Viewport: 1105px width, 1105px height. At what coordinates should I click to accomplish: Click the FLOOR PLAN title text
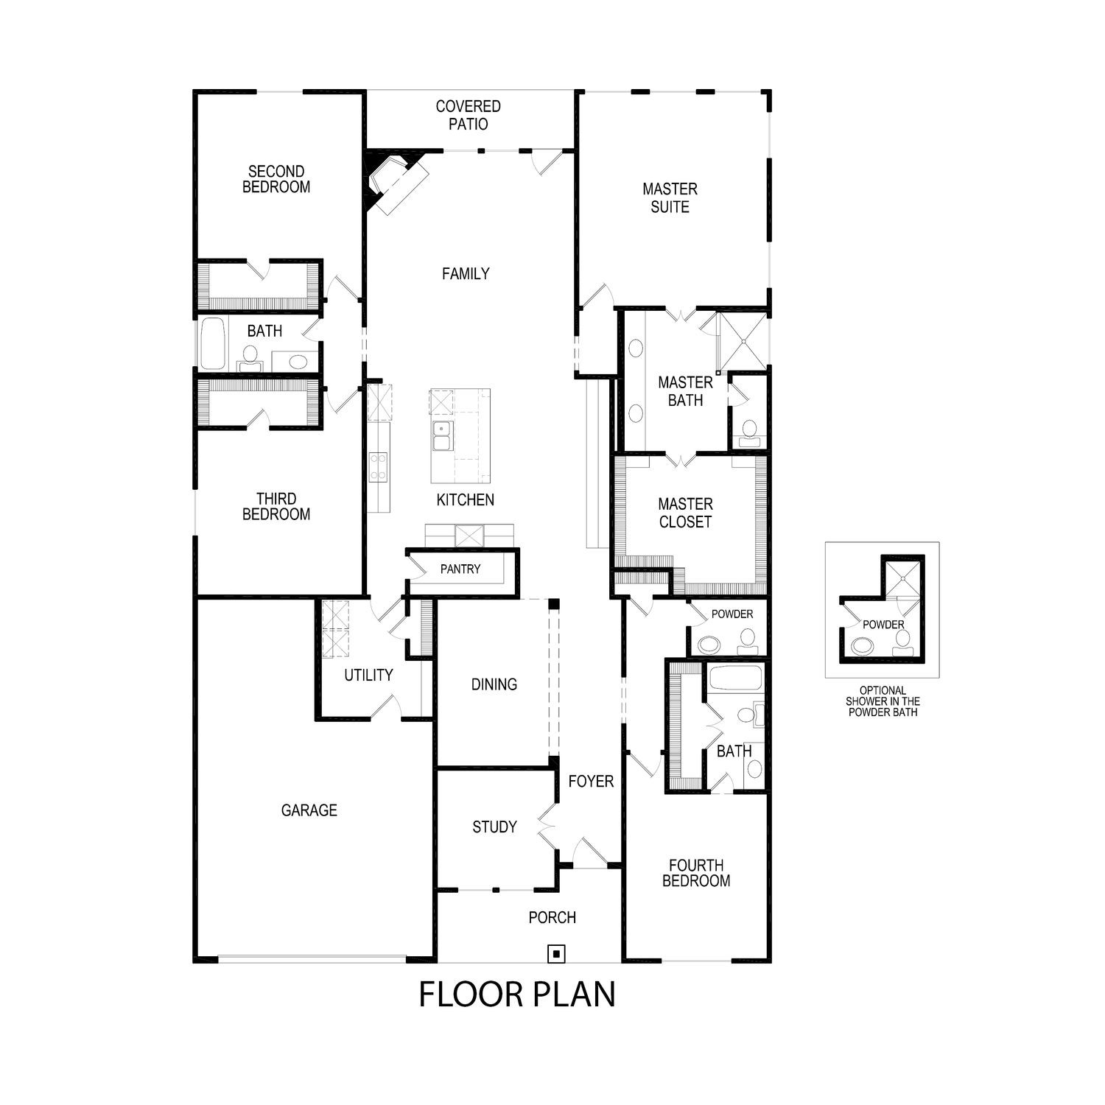pyautogui.click(x=517, y=994)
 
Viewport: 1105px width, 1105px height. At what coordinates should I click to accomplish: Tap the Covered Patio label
pyautogui.click(x=468, y=116)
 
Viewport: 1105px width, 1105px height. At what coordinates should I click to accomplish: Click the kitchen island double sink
pyautogui.click(x=442, y=435)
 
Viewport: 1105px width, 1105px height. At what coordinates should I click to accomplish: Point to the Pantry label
pyautogui.click(x=460, y=569)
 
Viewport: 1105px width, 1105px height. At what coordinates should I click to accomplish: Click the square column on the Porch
pyautogui.click(x=557, y=954)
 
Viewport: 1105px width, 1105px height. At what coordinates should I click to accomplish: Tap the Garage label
pyautogui.click(x=309, y=810)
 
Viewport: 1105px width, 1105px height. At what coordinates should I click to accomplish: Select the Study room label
pyautogui.click(x=494, y=827)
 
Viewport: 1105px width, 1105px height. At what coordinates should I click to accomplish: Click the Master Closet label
pyautogui.click(x=685, y=513)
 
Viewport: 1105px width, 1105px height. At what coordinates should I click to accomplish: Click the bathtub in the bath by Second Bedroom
pyautogui.click(x=213, y=343)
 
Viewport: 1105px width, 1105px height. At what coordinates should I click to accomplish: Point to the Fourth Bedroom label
pyautogui.click(x=696, y=873)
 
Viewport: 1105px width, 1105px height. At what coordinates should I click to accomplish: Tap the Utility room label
pyautogui.click(x=368, y=675)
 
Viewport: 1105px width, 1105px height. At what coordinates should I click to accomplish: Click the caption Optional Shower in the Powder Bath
pyautogui.click(x=883, y=701)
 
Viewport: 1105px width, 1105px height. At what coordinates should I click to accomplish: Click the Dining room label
pyautogui.click(x=494, y=684)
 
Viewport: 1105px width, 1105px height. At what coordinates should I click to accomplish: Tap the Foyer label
pyautogui.click(x=591, y=781)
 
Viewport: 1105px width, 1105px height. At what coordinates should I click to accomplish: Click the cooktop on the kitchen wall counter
pyautogui.click(x=378, y=466)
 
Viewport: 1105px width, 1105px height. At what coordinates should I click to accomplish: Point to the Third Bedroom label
pyautogui.click(x=276, y=507)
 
